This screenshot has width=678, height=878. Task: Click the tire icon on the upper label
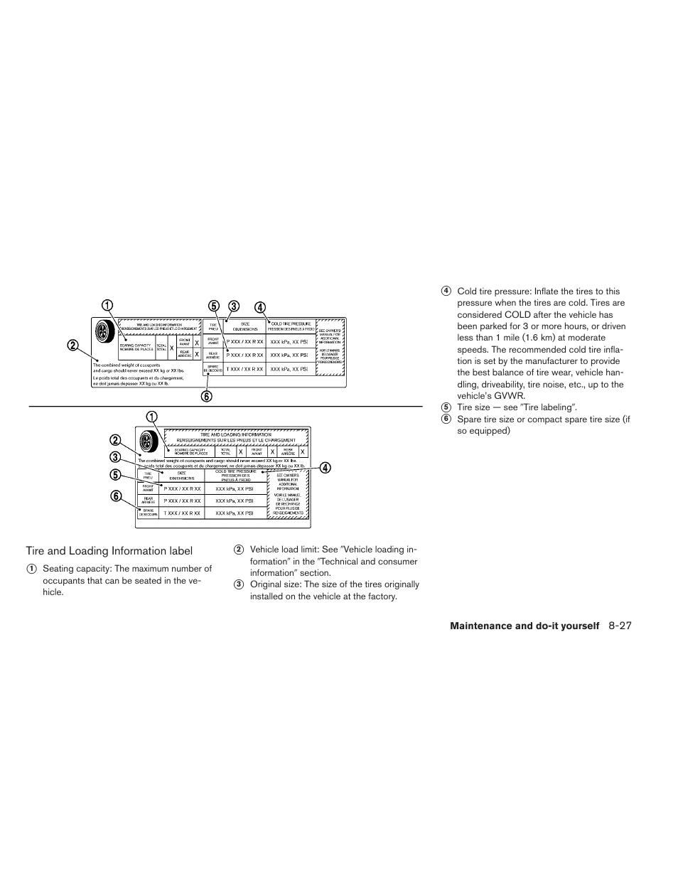(103, 332)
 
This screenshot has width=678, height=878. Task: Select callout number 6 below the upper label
(206, 397)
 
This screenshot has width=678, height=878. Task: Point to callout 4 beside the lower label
(324, 468)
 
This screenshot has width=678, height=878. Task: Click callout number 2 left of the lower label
(115, 440)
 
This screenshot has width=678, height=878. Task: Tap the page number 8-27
(620, 626)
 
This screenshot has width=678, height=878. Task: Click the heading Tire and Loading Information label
(109, 550)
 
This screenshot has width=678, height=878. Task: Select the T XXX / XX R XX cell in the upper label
(244, 370)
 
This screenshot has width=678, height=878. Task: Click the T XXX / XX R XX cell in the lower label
(182, 513)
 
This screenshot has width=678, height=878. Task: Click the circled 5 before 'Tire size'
(446, 407)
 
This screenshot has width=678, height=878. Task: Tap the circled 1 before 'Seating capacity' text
(31, 569)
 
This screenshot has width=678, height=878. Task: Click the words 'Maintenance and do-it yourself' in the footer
(524, 626)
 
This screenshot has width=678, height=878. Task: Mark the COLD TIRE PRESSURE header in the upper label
(291, 326)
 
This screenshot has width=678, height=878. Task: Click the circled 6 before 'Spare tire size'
(446, 419)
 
